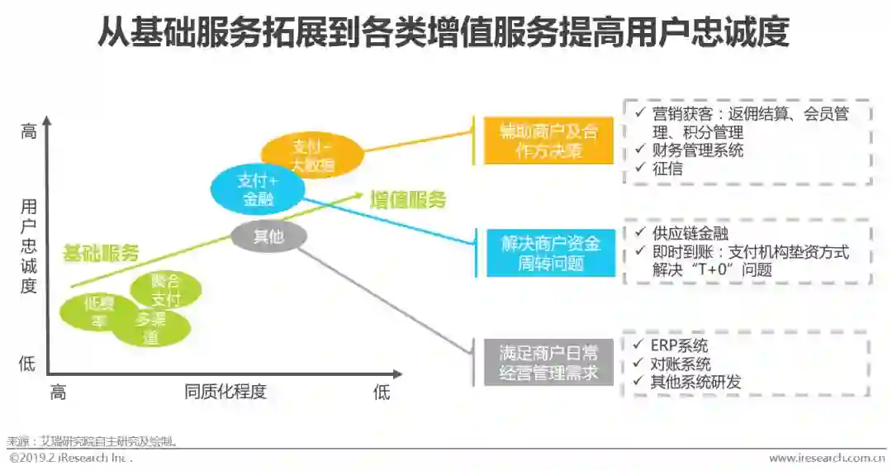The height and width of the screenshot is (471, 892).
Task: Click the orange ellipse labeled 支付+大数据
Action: pos(312,155)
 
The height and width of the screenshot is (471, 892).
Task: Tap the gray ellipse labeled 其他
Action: pos(268,237)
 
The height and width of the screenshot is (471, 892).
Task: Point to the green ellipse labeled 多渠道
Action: pos(151,327)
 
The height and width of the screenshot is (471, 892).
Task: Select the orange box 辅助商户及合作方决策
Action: pos(548,140)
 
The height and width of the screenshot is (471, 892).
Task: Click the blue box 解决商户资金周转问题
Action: pos(549,253)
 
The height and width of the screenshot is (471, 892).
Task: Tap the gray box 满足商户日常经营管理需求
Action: pos(549,363)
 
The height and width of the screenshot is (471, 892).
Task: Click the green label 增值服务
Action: pos(407,199)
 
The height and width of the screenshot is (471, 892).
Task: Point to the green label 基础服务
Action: pos(101,253)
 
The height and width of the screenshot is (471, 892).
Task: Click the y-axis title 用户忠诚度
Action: pos(29,245)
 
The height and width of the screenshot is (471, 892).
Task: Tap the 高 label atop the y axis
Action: pos(29,131)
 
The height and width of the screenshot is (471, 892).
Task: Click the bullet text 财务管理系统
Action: pos(697,150)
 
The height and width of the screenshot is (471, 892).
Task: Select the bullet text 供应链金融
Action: pos(690,234)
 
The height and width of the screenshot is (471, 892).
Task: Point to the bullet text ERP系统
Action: pos(679,345)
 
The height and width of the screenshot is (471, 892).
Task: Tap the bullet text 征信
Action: pos(667,168)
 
